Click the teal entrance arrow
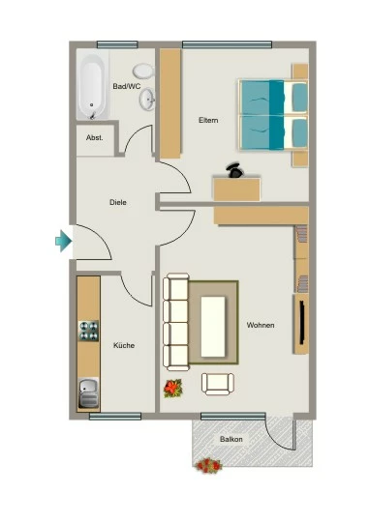[63, 241]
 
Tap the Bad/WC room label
[127, 86]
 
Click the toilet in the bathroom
[143, 71]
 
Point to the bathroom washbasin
[147, 99]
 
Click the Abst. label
[94, 137]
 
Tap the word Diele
[118, 202]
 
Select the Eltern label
[208, 120]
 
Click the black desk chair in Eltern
[234, 170]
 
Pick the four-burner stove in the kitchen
[88, 331]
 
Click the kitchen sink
[88, 393]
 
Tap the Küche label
[124, 345]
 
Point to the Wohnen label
[261, 325]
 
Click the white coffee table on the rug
[213, 327]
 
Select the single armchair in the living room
[218, 384]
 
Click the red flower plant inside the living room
[172, 389]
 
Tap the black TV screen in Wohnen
[302, 322]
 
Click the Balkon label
[231, 439]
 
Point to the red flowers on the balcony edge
[208, 466]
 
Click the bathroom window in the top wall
[117, 44]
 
